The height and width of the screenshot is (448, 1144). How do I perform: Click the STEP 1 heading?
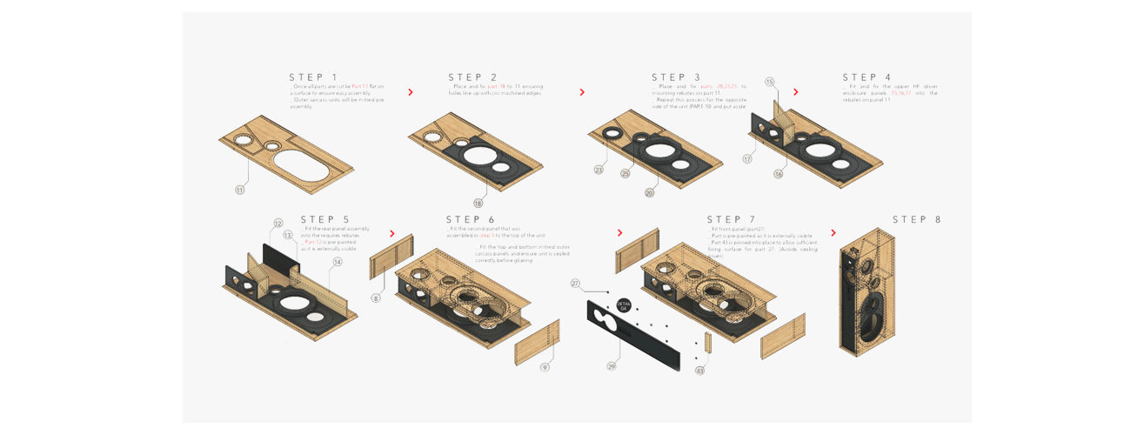tap(314, 77)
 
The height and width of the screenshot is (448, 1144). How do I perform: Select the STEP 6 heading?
tap(471, 220)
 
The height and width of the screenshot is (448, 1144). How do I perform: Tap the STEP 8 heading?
tap(917, 220)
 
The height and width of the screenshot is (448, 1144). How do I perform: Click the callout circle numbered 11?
tap(240, 190)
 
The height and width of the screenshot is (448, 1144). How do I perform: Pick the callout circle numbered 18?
tap(478, 204)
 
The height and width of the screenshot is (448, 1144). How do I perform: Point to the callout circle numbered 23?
tap(599, 171)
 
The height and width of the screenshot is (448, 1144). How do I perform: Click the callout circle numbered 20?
tap(649, 193)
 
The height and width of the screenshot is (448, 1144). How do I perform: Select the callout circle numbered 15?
tap(770, 82)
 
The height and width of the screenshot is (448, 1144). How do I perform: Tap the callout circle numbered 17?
tap(747, 159)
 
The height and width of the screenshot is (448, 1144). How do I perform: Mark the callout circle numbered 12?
tap(278, 224)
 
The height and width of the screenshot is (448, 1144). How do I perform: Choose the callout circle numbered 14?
tap(338, 262)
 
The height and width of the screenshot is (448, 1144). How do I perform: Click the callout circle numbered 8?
tap(376, 298)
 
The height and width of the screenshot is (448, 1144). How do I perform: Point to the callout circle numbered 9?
tap(545, 367)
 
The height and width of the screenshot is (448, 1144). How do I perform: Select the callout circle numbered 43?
tap(699, 371)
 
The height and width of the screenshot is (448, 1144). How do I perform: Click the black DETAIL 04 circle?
tap(624, 305)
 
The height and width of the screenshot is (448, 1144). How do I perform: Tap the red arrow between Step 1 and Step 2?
tap(411, 92)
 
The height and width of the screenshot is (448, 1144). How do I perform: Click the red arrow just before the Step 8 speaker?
tap(833, 233)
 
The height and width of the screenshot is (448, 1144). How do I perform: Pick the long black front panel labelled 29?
tap(633, 335)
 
